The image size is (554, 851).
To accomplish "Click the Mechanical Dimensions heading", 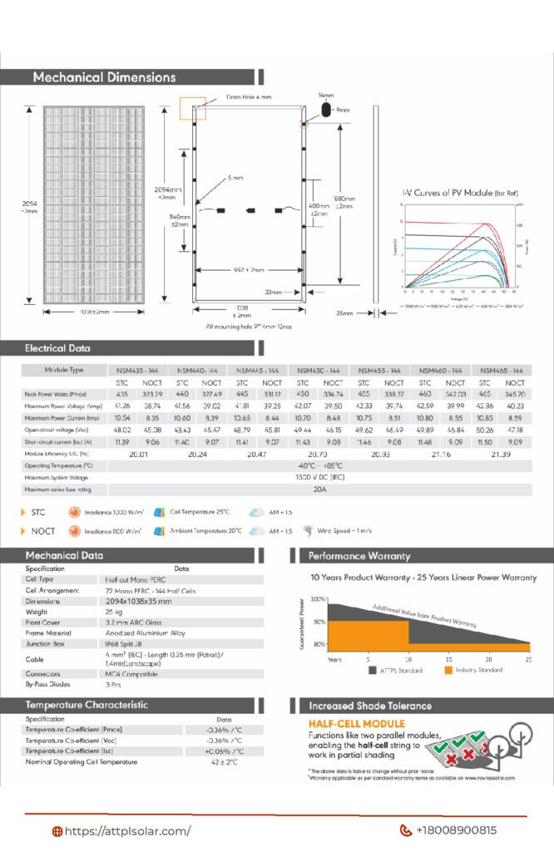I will [x=104, y=77].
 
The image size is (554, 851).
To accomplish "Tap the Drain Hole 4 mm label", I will [x=249, y=97].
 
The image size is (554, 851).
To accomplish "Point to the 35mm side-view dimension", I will [x=344, y=313].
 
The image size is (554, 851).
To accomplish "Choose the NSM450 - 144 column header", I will [x=322, y=369].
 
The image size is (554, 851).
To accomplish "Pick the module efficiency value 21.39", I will [x=501, y=455].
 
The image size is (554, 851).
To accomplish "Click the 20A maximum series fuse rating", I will [x=321, y=489].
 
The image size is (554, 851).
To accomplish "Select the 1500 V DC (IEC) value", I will [x=321, y=478].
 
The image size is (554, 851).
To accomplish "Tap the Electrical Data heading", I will [x=57, y=348].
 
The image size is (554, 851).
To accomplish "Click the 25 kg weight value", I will [x=114, y=611].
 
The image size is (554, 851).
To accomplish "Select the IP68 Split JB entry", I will [x=128, y=642].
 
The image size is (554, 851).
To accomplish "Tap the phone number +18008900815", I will [x=456, y=830].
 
